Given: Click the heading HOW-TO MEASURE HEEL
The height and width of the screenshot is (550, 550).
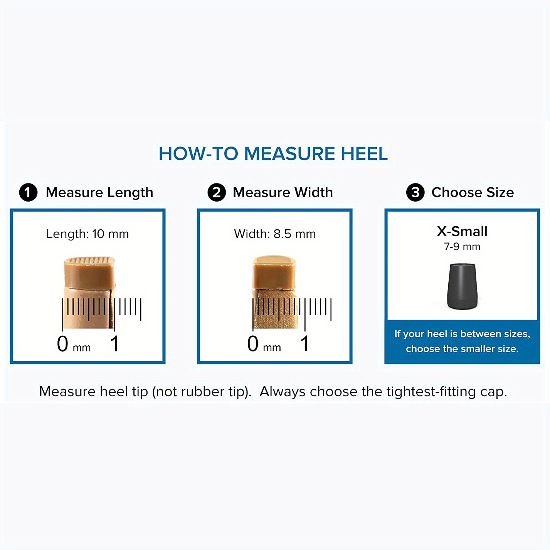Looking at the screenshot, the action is pyautogui.click(x=273, y=153).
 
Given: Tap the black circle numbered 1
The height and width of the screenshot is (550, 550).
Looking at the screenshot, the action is pyautogui.click(x=28, y=192).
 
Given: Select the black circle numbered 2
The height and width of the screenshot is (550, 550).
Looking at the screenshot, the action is pyautogui.click(x=217, y=192).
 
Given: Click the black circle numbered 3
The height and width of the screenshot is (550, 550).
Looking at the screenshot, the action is pyautogui.click(x=415, y=192).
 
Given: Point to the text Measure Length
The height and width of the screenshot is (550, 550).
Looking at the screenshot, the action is pyautogui.click(x=99, y=193).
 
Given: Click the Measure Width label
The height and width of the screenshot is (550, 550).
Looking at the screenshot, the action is pyautogui.click(x=283, y=192).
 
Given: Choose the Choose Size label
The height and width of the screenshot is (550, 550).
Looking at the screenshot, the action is pyautogui.click(x=473, y=192).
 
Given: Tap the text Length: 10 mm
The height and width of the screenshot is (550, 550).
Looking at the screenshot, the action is pyautogui.click(x=87, y=234).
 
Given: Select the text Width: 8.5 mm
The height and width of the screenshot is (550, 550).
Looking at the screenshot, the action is pyautogui.click(x=275, y=234).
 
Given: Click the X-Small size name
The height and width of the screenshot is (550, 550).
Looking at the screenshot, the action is pyautogui.click(x=462, y=232).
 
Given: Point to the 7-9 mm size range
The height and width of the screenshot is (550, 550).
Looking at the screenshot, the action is pyautogui.click(x=462, y=247).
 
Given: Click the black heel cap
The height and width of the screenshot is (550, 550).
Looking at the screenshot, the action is pyautogui.click(x=462, y=286).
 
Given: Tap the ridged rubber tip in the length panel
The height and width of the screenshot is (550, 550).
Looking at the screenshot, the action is pyautogui.click(x=89, y=272).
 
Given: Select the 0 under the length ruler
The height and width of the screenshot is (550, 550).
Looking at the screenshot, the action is pyautogui.click(x=62, y=344).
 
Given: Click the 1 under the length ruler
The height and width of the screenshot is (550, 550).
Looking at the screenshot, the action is pyautogui.click(x=114, y=344).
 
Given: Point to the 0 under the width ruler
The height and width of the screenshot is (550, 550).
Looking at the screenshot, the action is pyautogui.click(x=252, y=344).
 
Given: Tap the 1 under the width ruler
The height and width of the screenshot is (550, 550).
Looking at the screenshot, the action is pyautogui.click(x=305, y=344).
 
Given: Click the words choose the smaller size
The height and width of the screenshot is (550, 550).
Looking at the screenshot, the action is pyautogui.click(x=462, y=349).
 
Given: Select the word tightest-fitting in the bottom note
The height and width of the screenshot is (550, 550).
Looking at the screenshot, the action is pyautogui.click(x=431, y=392).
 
